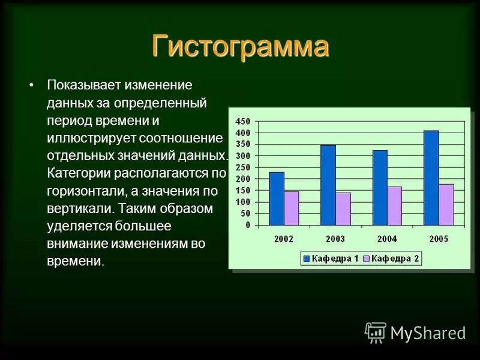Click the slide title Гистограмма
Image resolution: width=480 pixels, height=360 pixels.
[240, 47]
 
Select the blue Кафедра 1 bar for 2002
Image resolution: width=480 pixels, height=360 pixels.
[277, 199]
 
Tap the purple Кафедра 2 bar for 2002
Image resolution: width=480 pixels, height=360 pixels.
[291, 208]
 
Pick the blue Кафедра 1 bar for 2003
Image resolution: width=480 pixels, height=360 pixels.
[328, 185]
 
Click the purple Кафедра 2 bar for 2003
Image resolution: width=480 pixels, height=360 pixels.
[343, 209]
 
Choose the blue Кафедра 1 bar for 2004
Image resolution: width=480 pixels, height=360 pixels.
[380, 188]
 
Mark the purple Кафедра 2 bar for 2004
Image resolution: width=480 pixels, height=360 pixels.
[394, 206]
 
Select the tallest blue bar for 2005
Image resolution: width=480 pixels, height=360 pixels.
[431, 178]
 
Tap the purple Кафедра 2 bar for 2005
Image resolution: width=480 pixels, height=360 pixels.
[446, 205]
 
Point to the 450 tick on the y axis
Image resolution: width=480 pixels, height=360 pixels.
[243, 121]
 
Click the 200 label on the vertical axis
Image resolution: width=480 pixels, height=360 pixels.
[243, 179]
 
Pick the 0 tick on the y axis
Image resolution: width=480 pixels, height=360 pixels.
[247, 225]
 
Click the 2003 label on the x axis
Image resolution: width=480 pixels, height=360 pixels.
[335, 238]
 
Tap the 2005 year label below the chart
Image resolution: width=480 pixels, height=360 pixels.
[439, 238]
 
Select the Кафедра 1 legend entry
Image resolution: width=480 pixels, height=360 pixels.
[331, 259]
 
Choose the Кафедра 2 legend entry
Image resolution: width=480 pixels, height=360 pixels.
[391, 259]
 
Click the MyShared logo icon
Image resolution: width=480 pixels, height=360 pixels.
[376, 332]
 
